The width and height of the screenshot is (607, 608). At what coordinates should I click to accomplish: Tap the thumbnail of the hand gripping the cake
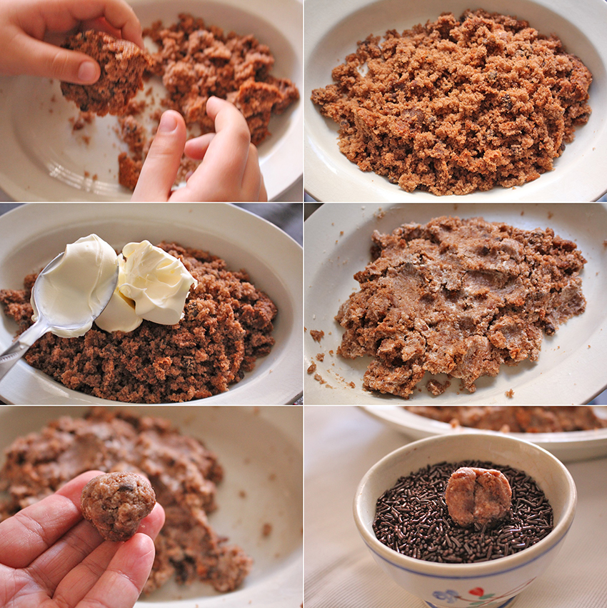pos(87,71)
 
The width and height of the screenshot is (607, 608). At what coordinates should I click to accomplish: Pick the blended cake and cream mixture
pos(457,300)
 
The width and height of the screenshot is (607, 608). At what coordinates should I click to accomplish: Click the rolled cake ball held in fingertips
pos(118,504)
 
